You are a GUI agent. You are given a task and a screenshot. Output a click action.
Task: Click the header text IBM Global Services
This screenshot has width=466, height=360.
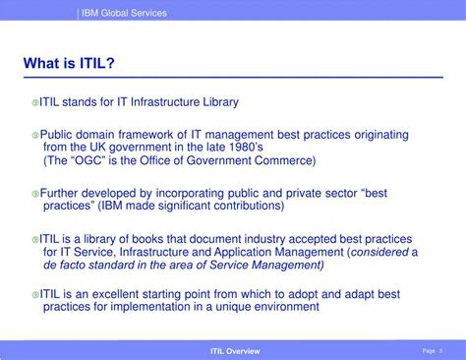click(x=124, y=13)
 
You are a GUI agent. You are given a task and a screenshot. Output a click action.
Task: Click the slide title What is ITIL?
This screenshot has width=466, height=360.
click(x=69, y=64)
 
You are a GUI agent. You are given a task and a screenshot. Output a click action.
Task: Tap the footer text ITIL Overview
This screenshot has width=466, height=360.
click(x=236, y=350)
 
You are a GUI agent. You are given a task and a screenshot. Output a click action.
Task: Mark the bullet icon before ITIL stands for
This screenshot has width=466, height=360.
click(x=34, y=102)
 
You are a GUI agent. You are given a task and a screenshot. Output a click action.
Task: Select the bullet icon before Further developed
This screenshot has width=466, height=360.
click(x=34, y=194)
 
